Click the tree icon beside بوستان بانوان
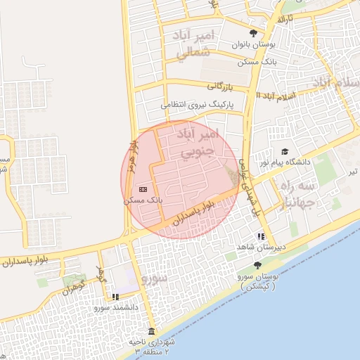(254, 33)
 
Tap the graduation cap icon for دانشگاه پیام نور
(285, 152)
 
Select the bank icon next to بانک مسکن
(143, 188)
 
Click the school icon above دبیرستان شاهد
(261, 237)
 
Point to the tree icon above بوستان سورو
(257, 265)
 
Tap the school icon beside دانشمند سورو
(115, 297)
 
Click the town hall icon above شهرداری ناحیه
(151, 331)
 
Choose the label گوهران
(72, 288)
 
